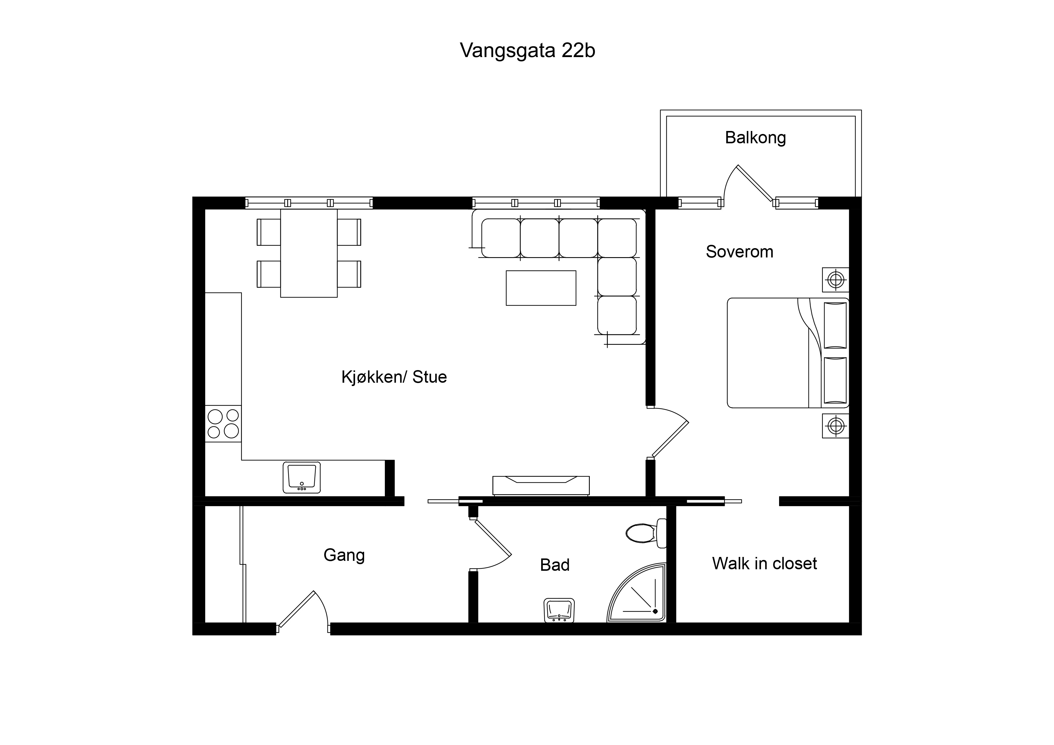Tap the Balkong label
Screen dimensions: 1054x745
coord(756,138)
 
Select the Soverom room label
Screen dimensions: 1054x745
coord(739,251)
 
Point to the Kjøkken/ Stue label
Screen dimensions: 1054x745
coord(394,377)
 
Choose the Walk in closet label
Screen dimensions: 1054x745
coord(764,564)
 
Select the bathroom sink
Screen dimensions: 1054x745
coord(559,610)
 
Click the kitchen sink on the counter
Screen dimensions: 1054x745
coord(302,477)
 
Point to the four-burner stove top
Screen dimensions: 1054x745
coord(223,424)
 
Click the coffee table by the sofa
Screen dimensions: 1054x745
coord(541,288)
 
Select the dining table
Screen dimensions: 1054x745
coord(309,253)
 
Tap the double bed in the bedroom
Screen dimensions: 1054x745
coord(788,353)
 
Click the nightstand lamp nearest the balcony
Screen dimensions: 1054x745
coord(836,280)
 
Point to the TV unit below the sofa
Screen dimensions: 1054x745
coord(541,486)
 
